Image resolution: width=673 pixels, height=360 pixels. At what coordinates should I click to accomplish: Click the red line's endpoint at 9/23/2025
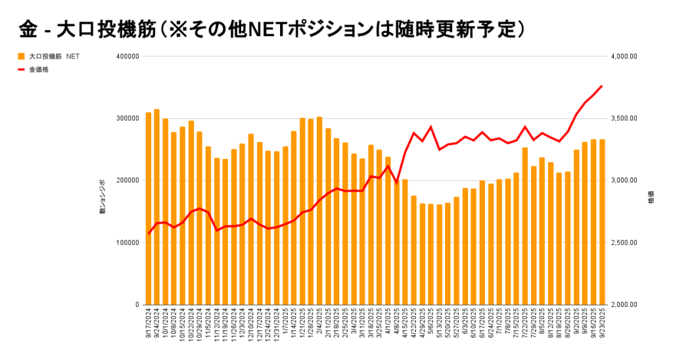(602, 86)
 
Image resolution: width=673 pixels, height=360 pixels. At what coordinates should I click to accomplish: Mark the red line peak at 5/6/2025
(431, 127)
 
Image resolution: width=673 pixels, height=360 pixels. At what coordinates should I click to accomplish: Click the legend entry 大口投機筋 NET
(49, 56)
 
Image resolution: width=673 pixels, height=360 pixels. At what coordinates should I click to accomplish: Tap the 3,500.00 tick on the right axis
(625, 118)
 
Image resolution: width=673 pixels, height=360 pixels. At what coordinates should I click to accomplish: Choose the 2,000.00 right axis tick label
(625, 305)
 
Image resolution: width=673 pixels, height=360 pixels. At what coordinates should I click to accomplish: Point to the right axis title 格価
(651, 197)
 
